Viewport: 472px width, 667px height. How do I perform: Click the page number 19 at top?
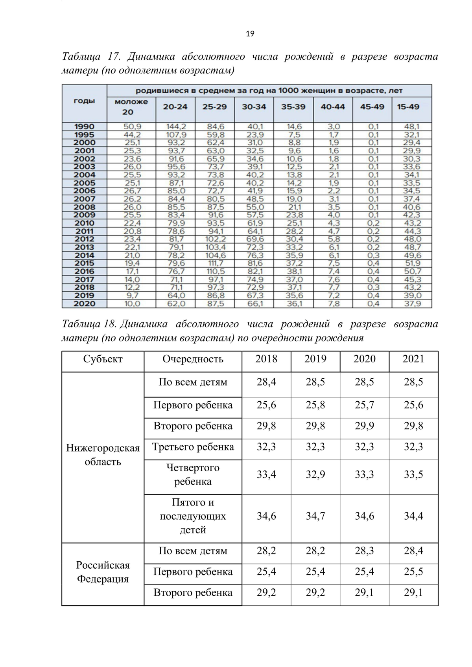coord(250,34)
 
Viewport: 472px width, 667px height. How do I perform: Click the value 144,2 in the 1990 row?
coord(175,127)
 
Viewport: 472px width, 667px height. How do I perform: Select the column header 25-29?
coord(214,107)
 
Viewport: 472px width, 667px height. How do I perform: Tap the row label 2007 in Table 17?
coord(85,199)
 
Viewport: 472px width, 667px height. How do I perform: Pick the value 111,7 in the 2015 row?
coord(215,263)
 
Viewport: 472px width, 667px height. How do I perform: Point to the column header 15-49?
coord(408,107)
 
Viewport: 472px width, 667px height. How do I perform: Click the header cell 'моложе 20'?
coord(131,107)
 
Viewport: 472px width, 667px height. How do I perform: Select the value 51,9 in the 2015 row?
coord(412,263)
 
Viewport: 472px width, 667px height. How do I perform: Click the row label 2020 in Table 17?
coord(85,303)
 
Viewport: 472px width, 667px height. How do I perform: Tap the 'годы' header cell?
coord(85,101)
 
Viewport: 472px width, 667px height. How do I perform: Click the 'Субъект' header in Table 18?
coord(103,359)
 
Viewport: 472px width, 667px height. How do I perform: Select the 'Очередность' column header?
coord(193,359)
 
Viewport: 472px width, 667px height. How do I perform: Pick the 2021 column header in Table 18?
coord(413,359)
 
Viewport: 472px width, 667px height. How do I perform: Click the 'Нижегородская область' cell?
coord(103,455)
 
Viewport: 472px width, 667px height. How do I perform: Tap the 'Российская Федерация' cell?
coord(103,572)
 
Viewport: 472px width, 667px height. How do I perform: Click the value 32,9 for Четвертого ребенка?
coord(315,475)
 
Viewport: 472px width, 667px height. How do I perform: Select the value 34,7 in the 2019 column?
coord(315,516)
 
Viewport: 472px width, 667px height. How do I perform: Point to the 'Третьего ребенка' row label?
coord(193,447)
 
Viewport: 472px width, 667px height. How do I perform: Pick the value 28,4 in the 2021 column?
coord(413,551)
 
